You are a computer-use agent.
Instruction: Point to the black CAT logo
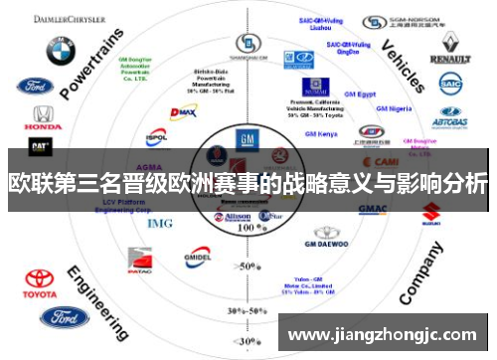(40, 147)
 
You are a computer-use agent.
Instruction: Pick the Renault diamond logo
(449, 45)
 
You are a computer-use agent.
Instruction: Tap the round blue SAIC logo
(450, 85)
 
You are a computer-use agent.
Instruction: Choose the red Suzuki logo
(431, 212)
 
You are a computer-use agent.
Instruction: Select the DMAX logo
(185, 113)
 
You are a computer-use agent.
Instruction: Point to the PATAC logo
(139, 264)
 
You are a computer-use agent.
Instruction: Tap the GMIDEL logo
(196, 257)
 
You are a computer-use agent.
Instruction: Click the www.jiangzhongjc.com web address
(382, 334)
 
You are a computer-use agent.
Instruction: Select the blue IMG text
(160, 223)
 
